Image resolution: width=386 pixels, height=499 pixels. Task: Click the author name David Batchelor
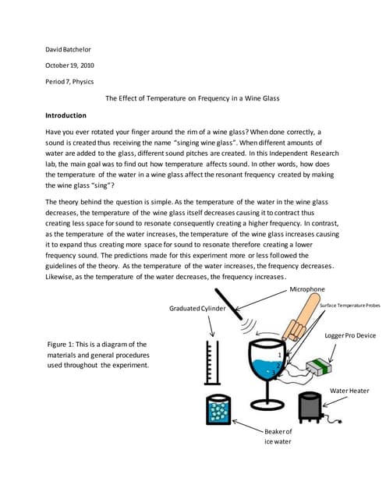[68, 49]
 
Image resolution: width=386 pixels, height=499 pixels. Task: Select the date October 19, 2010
[69, 65]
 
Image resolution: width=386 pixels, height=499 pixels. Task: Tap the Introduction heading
[66, 115]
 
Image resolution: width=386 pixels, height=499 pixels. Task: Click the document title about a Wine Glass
[192, 98]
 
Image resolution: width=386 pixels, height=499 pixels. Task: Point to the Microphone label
[307, 289]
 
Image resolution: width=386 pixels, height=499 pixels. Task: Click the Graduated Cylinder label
[197, 309]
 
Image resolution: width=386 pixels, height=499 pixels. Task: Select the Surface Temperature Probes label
[349, 305]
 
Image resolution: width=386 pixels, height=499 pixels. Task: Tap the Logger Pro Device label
[350, 335]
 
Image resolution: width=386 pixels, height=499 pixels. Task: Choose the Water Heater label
[349, 391]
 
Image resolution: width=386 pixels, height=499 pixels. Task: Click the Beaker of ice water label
[278, 437]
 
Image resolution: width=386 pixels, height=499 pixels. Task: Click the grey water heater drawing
[310, 408]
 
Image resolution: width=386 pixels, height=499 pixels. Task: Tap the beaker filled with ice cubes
[218, 410]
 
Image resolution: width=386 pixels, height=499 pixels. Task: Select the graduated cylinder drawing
[212, 363]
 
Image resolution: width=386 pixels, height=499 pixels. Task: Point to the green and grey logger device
[318, 367]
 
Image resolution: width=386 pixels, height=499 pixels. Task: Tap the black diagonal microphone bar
[228, 304]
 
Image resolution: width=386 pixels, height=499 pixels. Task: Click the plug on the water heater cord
[340, 423]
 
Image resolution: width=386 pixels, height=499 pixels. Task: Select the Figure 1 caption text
[98, 355]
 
